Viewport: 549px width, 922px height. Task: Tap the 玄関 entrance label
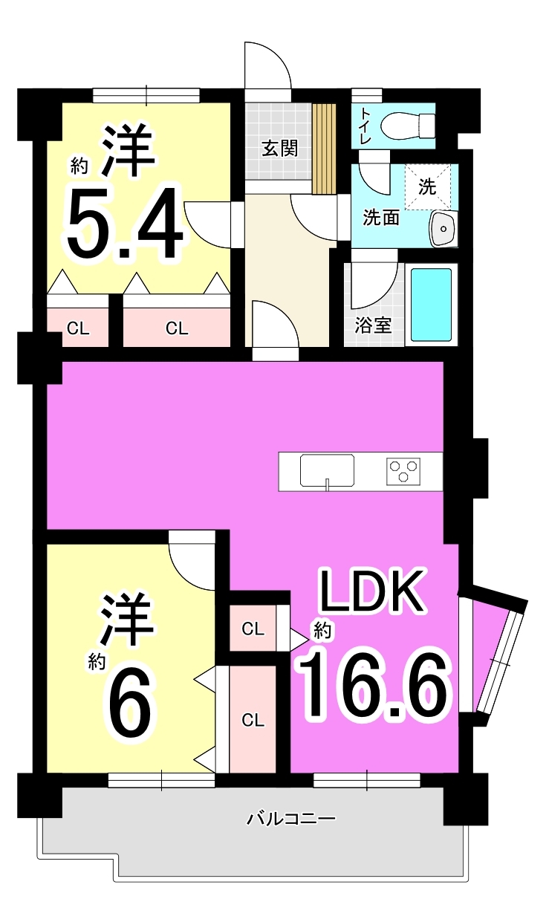click(280, 149)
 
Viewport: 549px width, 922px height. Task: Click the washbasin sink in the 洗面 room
click(443, 228)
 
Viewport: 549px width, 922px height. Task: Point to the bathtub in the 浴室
click(431, 305)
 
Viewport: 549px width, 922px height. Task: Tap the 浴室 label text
click(373, 326)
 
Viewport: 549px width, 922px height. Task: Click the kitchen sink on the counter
click(327, 470)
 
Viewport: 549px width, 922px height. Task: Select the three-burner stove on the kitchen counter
click(403, 471)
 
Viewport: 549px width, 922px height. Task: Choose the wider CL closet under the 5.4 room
click(177, 328)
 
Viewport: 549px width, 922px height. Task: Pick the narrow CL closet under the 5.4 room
click(78, 328)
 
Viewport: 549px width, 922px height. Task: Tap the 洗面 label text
click(380, 218)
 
